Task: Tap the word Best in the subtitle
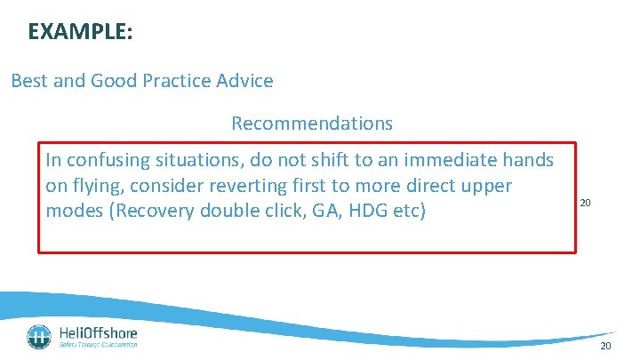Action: (x=27, y=81)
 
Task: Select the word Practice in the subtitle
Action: (x=179, y=81)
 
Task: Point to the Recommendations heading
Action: (x=311, y=123)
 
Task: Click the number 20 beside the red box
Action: (x=585, y=204)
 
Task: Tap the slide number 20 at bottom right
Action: (x=605, y=346)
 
